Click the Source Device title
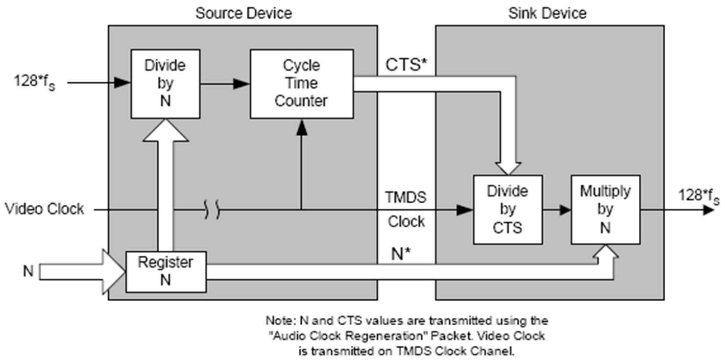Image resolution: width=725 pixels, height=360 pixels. click(244, 14)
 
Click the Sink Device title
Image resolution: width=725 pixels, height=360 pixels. click(547, 14)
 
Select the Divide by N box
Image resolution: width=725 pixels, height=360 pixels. click(166, 84)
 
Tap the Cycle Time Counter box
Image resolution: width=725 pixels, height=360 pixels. click(302, 84)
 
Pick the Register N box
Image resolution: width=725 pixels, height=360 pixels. click(166, 272)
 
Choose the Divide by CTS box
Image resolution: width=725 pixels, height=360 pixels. click(508, 210)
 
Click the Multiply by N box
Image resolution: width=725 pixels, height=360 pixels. click(605, 210)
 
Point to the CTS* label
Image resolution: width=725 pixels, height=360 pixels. click(406, 65)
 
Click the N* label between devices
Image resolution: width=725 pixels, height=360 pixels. click(401, 254)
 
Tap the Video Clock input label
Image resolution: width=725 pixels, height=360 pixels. click(45, 209)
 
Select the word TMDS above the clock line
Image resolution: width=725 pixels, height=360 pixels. click(406, 197)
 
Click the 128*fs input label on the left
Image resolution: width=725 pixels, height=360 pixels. click(34, 82)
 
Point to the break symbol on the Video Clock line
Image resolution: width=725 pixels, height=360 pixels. click(212, 210)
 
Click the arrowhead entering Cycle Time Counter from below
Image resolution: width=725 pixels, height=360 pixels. click(302, 127)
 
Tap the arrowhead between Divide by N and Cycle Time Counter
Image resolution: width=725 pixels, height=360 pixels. click(242, 84)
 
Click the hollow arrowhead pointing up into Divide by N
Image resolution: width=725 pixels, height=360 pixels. click(166, 130)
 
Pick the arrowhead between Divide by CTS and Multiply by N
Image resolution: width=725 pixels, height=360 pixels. click(565, 210)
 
